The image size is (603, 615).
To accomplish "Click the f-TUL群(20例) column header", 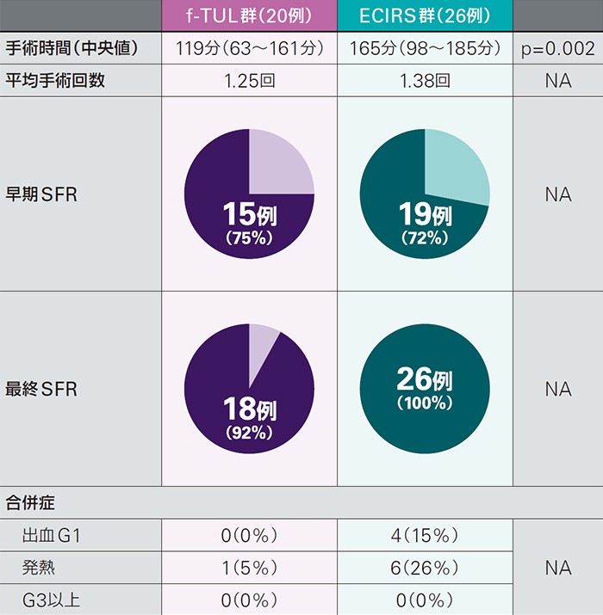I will tap(249, 16).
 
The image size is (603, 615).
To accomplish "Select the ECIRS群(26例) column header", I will tap(425, 16).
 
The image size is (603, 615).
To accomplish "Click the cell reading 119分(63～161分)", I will tap(249, 49).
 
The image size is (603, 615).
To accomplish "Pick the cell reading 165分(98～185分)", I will tap(425, 49).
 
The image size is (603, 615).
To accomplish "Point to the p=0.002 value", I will tap(557, 49).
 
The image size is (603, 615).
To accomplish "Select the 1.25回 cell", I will tap(249, 82).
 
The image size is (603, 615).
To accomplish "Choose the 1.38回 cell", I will tap(425, 82).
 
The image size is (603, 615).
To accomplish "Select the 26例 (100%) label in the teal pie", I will tap(425, 387).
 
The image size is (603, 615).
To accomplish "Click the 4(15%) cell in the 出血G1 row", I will tap(425, 536).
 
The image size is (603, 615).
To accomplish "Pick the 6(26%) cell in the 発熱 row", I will tap(425, 568).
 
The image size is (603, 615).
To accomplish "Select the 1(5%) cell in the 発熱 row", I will tap(249, 568).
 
